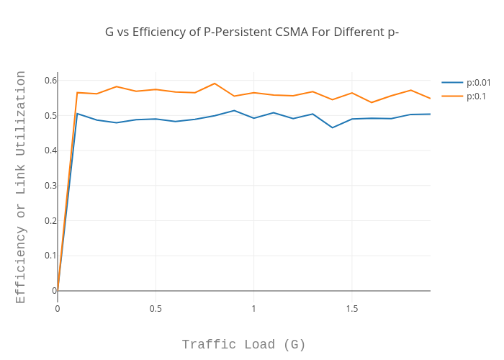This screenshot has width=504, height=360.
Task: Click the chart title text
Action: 252,32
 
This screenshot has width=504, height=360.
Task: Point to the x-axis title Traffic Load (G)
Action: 243,344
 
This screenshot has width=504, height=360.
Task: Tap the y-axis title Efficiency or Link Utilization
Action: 21,186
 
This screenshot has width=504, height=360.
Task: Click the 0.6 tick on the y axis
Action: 50,80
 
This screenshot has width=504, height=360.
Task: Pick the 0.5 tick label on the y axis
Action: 50,115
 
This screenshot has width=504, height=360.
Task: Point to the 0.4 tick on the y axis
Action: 50,150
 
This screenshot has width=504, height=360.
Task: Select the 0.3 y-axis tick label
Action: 50,185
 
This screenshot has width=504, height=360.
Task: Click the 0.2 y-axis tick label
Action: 50,220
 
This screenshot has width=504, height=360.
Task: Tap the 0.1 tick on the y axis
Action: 50,256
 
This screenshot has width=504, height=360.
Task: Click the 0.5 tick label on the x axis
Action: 156,308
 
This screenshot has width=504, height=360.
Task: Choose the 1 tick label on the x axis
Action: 253,308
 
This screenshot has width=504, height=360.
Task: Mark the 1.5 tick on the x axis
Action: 351,308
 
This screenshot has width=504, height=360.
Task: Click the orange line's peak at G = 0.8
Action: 215,84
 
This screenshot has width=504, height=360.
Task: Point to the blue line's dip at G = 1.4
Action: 332,127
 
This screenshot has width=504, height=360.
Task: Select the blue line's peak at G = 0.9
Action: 234,110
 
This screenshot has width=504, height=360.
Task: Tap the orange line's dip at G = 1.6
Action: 372,102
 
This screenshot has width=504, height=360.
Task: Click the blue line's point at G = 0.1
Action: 77,113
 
